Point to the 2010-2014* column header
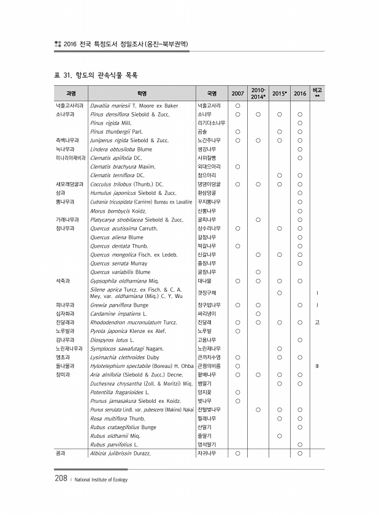258,93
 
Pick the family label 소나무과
65,114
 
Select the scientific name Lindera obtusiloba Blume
120,149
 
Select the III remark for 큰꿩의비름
317,365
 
